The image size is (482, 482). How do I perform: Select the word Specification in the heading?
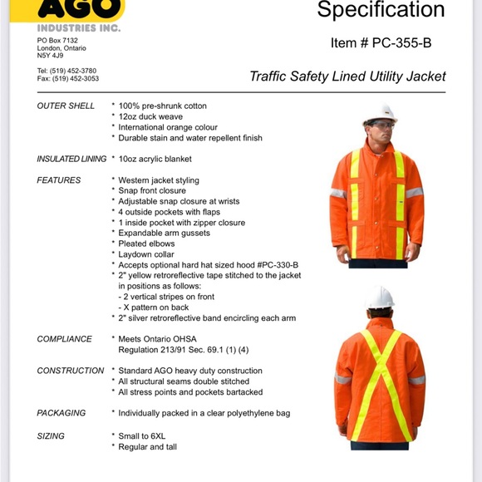point(381,11)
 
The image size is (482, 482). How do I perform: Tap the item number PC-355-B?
point(381,42)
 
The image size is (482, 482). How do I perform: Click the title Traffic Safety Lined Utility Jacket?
point(347,76)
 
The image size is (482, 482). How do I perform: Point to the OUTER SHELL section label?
point(66,106)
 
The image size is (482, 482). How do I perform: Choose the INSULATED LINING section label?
point(71,159)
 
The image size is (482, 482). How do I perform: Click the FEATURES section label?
point(59,180)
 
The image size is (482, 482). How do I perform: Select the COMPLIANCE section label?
point(65,339)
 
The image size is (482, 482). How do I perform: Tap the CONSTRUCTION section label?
point(71,371)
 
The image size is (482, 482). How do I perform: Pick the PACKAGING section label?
point(61,413)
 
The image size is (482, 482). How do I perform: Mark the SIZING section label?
point(51,435)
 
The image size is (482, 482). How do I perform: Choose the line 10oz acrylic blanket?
point(155,159)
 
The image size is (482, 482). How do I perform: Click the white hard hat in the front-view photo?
point(381,113)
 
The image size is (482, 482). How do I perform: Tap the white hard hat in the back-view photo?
point(380,297)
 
